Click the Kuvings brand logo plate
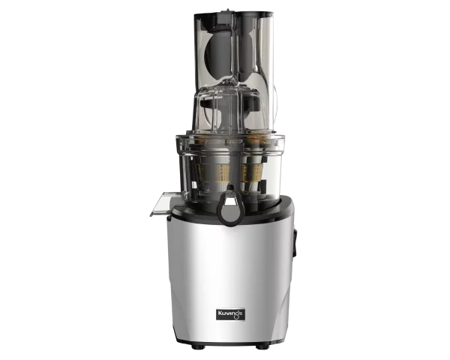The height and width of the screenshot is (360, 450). tap(230, 314)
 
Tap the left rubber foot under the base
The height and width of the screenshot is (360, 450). tap(198, 346)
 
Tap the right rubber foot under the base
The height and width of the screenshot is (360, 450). tap(262, 346)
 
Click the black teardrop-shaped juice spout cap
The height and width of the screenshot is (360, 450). tap(230, 206)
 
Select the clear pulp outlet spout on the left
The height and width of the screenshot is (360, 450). tap(160, 204)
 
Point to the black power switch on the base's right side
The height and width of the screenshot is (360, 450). tap(295, 242)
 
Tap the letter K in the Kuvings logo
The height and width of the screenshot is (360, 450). tap(220, 313)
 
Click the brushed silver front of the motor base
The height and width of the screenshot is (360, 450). tap(230, 273)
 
